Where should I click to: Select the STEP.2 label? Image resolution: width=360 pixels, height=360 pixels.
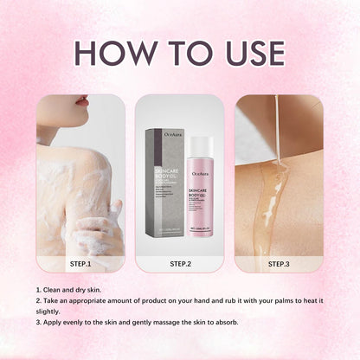[180, 264]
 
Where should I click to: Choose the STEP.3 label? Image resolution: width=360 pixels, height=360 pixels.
[279, 264]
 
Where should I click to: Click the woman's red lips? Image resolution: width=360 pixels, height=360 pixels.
[81, 101]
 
